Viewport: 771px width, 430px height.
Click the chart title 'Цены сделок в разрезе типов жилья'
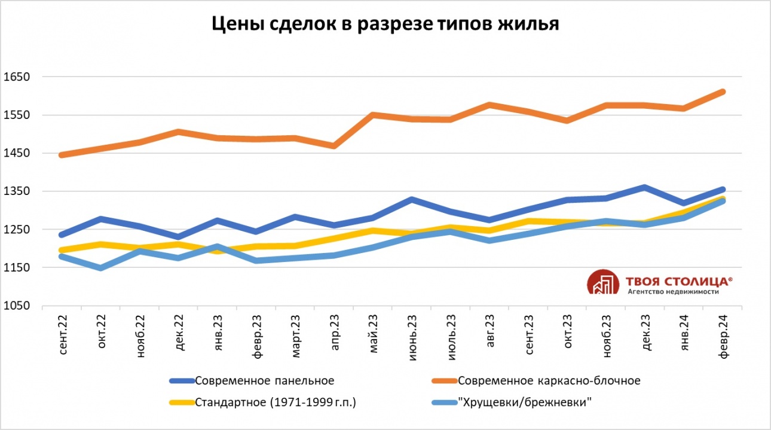385,25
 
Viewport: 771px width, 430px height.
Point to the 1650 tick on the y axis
17,77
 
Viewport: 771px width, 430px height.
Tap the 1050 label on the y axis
17,306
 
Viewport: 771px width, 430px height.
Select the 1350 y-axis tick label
17,191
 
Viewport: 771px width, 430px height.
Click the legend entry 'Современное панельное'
264,380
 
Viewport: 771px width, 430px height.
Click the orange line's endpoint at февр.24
722,92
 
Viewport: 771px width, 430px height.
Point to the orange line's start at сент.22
63,155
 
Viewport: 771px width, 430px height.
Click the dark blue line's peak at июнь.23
412,199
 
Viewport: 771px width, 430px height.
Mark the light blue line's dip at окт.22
100,268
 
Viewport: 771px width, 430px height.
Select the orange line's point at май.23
373,115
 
